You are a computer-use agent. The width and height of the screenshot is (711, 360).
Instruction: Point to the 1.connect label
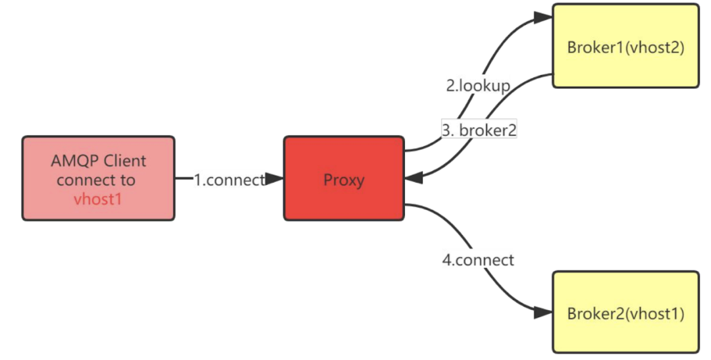[x=229, y=180]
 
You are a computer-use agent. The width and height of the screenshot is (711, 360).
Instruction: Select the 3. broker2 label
[x=479, y=130]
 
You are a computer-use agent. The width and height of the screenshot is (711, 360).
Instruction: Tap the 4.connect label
[x=477, y=260]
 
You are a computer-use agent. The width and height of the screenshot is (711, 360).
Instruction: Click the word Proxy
[x=344, y=180]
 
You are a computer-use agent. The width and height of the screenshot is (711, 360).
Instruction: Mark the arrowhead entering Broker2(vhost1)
[x=544, y=311]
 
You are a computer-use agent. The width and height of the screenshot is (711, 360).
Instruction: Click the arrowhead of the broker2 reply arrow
[x=413, y=177]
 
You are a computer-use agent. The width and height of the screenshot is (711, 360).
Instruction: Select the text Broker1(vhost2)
[x=625, y=47]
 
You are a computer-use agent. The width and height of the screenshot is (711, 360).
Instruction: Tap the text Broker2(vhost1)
[x=625, y=313]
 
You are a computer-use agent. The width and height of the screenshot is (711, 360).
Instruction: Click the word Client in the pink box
[x=124, y=161]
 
